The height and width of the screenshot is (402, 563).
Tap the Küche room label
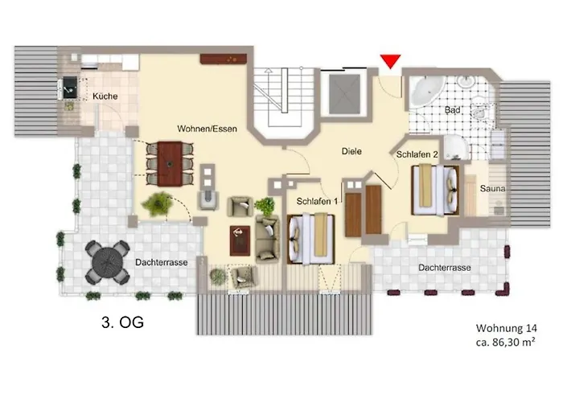pyautogui.click(x=105, y=96)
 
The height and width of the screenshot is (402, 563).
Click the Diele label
pyautogui.click(x=351, y=150)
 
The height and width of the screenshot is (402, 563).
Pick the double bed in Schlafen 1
pyautogui.click(x=310, y=239)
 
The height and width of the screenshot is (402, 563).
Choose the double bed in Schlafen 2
pyautogui.click(x=434, y=190)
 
